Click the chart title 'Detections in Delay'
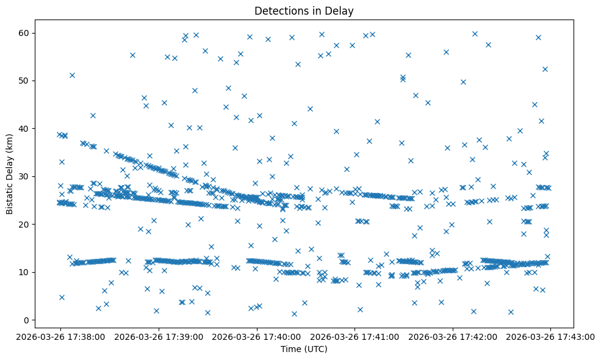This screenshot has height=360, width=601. pyautogui.click(x=304, y=11)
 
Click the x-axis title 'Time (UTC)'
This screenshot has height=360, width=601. pyautogui.click(x=304, y=349)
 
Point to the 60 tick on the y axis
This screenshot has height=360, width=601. pyautogui.click(x=25, y=33)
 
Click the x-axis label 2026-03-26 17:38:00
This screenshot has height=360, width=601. pyautogui.click(x=60, y=336)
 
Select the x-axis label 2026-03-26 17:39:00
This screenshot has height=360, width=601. pyautogui.click(x=159, y=336)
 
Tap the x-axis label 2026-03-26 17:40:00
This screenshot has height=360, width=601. pyautogui.click(x=257, y=336)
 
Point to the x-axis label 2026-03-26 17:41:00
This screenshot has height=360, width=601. pyautogui.click(x=355, y=336)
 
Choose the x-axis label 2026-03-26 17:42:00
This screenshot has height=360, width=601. pyautogui.click(x=453, y=336)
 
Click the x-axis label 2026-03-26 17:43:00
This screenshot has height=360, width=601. pyautogui.click(x=551, y=336)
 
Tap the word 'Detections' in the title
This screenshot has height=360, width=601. pyautogui.click(x=279, y=11)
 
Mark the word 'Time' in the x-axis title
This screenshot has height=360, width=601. pyautogui.click(x=290, y=349)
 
